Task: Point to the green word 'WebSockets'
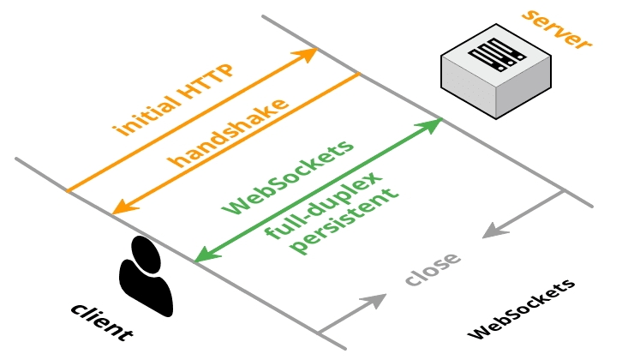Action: pos(287,178)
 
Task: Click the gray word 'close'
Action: pos(433,268)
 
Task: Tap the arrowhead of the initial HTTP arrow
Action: pos(308,55)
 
